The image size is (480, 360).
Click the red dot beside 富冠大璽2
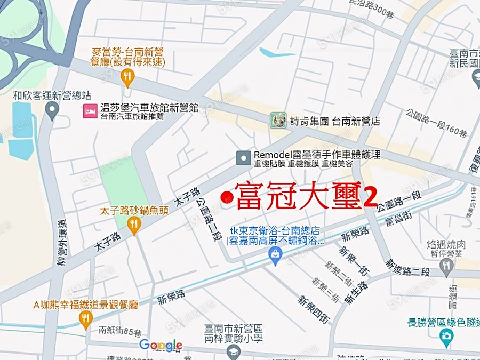[226, 198]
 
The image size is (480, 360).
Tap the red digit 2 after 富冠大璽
[370, 197]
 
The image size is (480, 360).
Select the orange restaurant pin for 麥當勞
[127, 77]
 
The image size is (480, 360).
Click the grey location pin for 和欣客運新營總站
[52, 111]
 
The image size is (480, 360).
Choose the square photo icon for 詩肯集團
[277, 119]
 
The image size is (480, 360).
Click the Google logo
[161, 346]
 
